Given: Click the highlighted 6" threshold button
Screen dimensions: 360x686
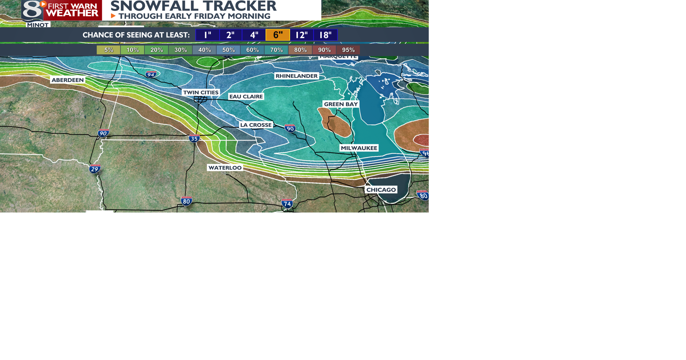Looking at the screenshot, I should (x=278, y=35).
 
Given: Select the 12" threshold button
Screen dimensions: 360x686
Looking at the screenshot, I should (x=302, y=35).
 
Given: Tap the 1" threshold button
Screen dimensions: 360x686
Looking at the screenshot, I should (x=208, y=35).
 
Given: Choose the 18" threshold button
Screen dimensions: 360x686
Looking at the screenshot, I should (x=325, y=35).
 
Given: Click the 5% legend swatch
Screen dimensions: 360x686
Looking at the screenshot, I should (x=109, y=50).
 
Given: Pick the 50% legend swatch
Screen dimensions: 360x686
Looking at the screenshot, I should (x=228, y=50).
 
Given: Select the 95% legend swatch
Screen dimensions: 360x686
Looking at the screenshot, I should (x=348, y=50).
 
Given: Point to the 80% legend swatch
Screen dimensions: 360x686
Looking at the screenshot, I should (x=300, y=50).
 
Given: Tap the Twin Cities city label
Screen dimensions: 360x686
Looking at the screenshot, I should (x=201, y=92).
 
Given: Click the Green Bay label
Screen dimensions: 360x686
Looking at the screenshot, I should (x=341, y=104).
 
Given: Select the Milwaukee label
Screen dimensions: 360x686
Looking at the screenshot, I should (x=359, y=148).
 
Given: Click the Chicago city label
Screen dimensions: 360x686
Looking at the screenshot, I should (x=381, y=190).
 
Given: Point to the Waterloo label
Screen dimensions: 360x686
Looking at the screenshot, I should (x=225, y=167).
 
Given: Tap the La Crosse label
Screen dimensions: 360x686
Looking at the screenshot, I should (x=256, y=125).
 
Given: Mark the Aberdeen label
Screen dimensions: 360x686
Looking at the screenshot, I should (x=68, y=80).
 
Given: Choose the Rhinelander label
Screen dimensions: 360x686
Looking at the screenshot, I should (x=296, y=76).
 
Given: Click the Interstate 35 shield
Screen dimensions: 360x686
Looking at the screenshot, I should (x=194, y=138).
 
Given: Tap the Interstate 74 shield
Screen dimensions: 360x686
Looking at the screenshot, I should (x=287, y=204).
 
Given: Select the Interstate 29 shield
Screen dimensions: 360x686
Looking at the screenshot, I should (x=95, y=169).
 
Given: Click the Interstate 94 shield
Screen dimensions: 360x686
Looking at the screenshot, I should (x=151, y=74).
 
